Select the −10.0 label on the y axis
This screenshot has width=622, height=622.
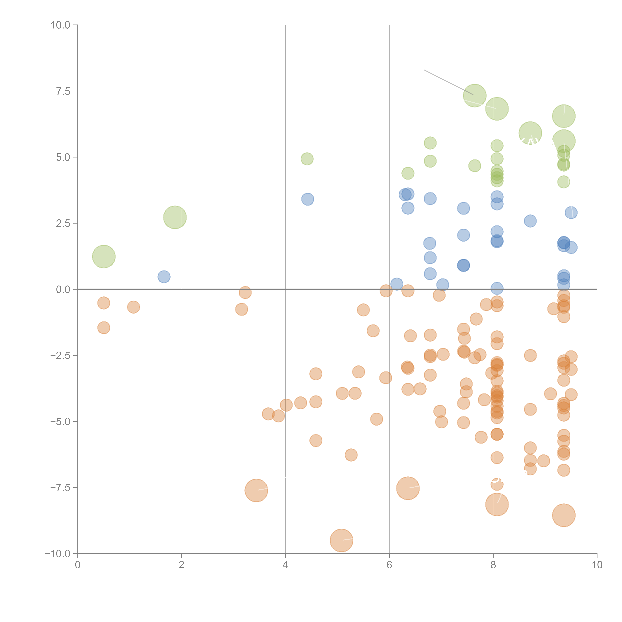coord(57,553)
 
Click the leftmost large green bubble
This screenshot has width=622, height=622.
coord(104,257)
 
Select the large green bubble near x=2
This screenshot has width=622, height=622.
coord(175,217)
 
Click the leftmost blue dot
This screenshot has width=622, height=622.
coord(164,277)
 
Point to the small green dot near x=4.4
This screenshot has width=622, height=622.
coord(307,159)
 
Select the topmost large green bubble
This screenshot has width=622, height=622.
coord(475,96)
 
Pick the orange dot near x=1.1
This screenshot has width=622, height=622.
coord(133,307)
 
